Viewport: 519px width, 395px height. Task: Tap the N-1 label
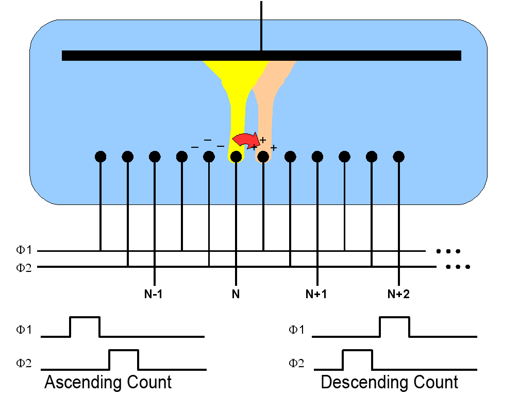[154, 295]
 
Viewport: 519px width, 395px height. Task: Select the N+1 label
[316, 295]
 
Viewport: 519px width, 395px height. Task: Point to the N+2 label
[398, 295]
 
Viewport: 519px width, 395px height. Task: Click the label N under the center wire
[236, 295]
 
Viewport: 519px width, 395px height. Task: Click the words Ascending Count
[108, 383]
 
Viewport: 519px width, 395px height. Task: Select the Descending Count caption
[389, 383]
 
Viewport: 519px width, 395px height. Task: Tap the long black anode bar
[261, 56]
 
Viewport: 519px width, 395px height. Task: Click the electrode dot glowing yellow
[236, 156]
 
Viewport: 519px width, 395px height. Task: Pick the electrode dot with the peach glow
[263, 156]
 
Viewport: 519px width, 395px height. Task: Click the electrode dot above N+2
[398, 156]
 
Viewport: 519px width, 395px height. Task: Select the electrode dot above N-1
[155, 156]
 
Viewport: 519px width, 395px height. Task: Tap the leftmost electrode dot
[101, 156]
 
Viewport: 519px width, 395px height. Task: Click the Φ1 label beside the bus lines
[24, 250]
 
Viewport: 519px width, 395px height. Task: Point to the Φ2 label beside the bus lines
[24, 267]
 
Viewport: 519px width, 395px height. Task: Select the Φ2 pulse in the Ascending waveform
[124, 359]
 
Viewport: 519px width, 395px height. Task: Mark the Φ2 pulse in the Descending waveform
[357, 359]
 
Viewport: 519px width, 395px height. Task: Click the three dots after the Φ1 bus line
[447, 251]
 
